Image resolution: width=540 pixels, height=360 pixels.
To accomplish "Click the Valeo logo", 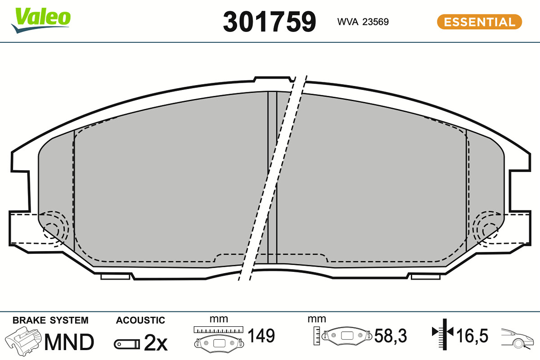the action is click(41, 20).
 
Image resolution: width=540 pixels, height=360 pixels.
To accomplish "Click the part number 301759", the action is click(269, 22).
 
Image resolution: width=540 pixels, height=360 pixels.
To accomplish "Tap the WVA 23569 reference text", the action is click(363, 22).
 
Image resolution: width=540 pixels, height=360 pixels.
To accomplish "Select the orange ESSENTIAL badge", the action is click(480, 22).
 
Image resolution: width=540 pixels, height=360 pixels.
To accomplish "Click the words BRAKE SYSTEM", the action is click(50, 320).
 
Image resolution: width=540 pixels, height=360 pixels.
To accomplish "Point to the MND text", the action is click(69, 342).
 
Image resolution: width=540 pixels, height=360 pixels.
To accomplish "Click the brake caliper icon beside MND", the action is click(23, 341).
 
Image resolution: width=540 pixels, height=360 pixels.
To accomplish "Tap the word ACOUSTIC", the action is click(140, 320).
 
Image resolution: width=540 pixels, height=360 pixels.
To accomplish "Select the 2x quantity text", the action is click(156, 342).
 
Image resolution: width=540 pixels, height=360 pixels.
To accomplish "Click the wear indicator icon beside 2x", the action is click(127, 344).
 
